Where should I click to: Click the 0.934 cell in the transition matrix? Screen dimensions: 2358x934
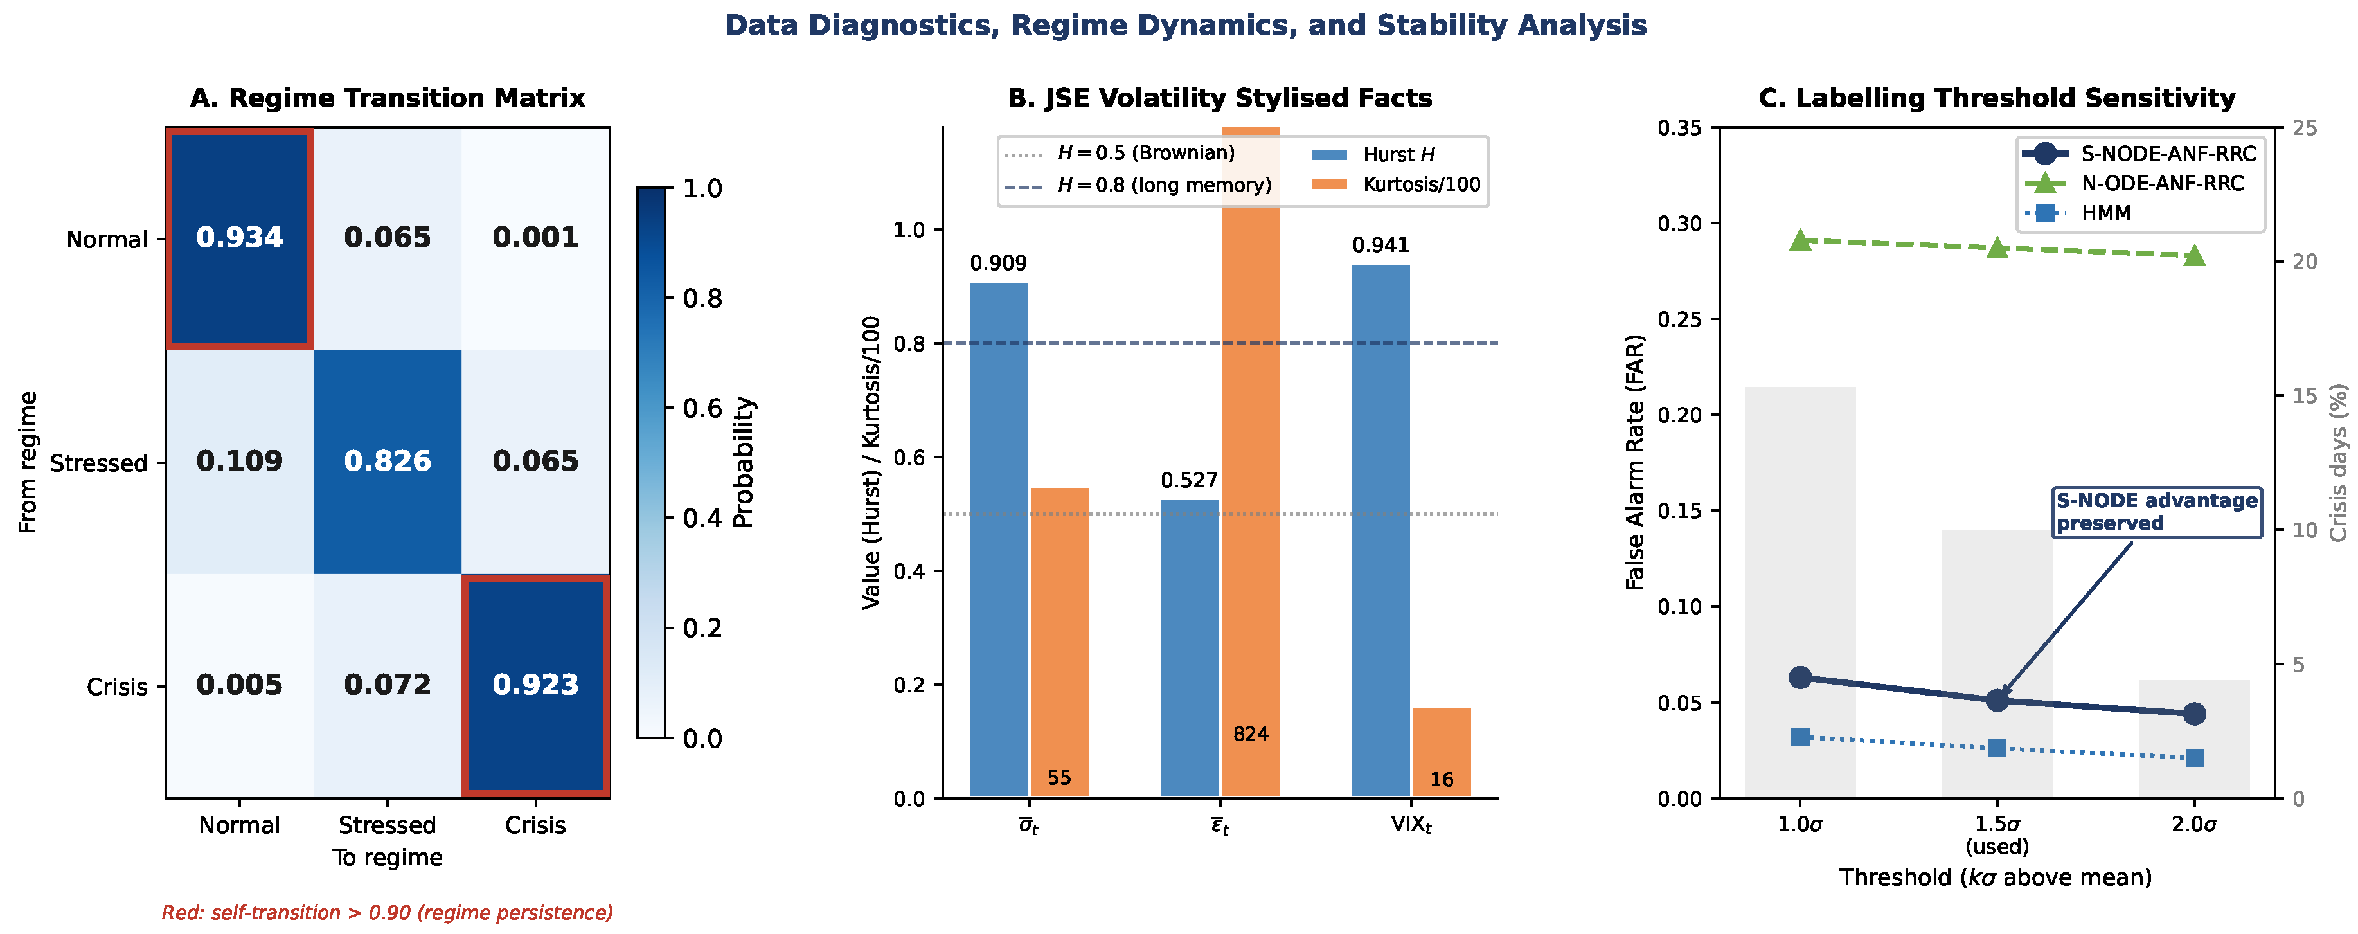click(x=240, y=238)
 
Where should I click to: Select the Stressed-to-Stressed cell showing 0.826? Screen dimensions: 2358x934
click(x=387, y=462)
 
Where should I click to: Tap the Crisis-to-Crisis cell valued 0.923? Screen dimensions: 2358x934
click(x=535, y=686)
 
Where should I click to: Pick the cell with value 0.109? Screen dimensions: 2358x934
click(x=240, y=462)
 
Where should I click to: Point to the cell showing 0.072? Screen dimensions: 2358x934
click(x=387, y=686)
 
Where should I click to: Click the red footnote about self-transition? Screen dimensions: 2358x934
click(x=387, y=913)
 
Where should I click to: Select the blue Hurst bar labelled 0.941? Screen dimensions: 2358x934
click(x=1380, y=531)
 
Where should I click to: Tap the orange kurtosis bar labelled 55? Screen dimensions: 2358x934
click(x=1059, y=643)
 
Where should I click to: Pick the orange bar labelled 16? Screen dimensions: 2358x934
click(x=1442, y=753)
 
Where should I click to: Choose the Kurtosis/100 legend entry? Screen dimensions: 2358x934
click(x=1397, y=184)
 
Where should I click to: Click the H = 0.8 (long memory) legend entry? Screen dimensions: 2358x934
click(x=1138, y=185)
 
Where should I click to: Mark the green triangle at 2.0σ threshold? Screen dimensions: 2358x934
click(x=2194, y=255)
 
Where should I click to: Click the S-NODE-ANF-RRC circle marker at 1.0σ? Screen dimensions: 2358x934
click(x=1801, y=678)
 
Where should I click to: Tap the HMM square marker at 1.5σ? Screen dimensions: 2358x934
click(x=1997, y=748)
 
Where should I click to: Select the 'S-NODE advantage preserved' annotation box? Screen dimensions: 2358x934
click(x=2157, y=512)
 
